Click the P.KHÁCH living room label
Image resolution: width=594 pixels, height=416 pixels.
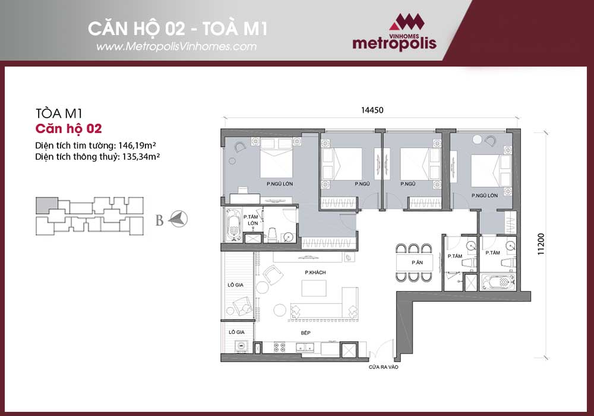[x=315, y=272]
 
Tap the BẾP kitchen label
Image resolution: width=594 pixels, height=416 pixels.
[x=305, y=333]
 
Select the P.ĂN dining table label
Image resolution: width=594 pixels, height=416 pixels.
[x=417, y=262]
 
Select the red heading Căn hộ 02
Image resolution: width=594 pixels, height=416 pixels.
[x=68, y=129]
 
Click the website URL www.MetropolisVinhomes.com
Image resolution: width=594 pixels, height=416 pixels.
[x=176, y=46]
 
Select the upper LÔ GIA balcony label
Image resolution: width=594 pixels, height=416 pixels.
[x=235, y=285]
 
